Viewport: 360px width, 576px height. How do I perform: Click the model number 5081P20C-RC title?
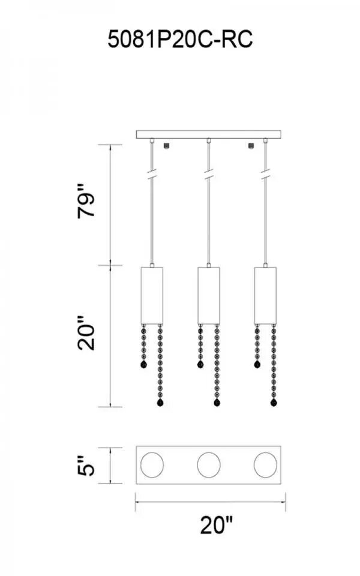pos(180,40)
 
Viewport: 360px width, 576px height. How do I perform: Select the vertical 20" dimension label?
pos(86,332)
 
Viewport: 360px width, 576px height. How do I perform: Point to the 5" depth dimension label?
pos(86,466)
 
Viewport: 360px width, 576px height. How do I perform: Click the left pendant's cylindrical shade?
pos(152,296)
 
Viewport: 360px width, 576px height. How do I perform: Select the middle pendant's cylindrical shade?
pos(209,296)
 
